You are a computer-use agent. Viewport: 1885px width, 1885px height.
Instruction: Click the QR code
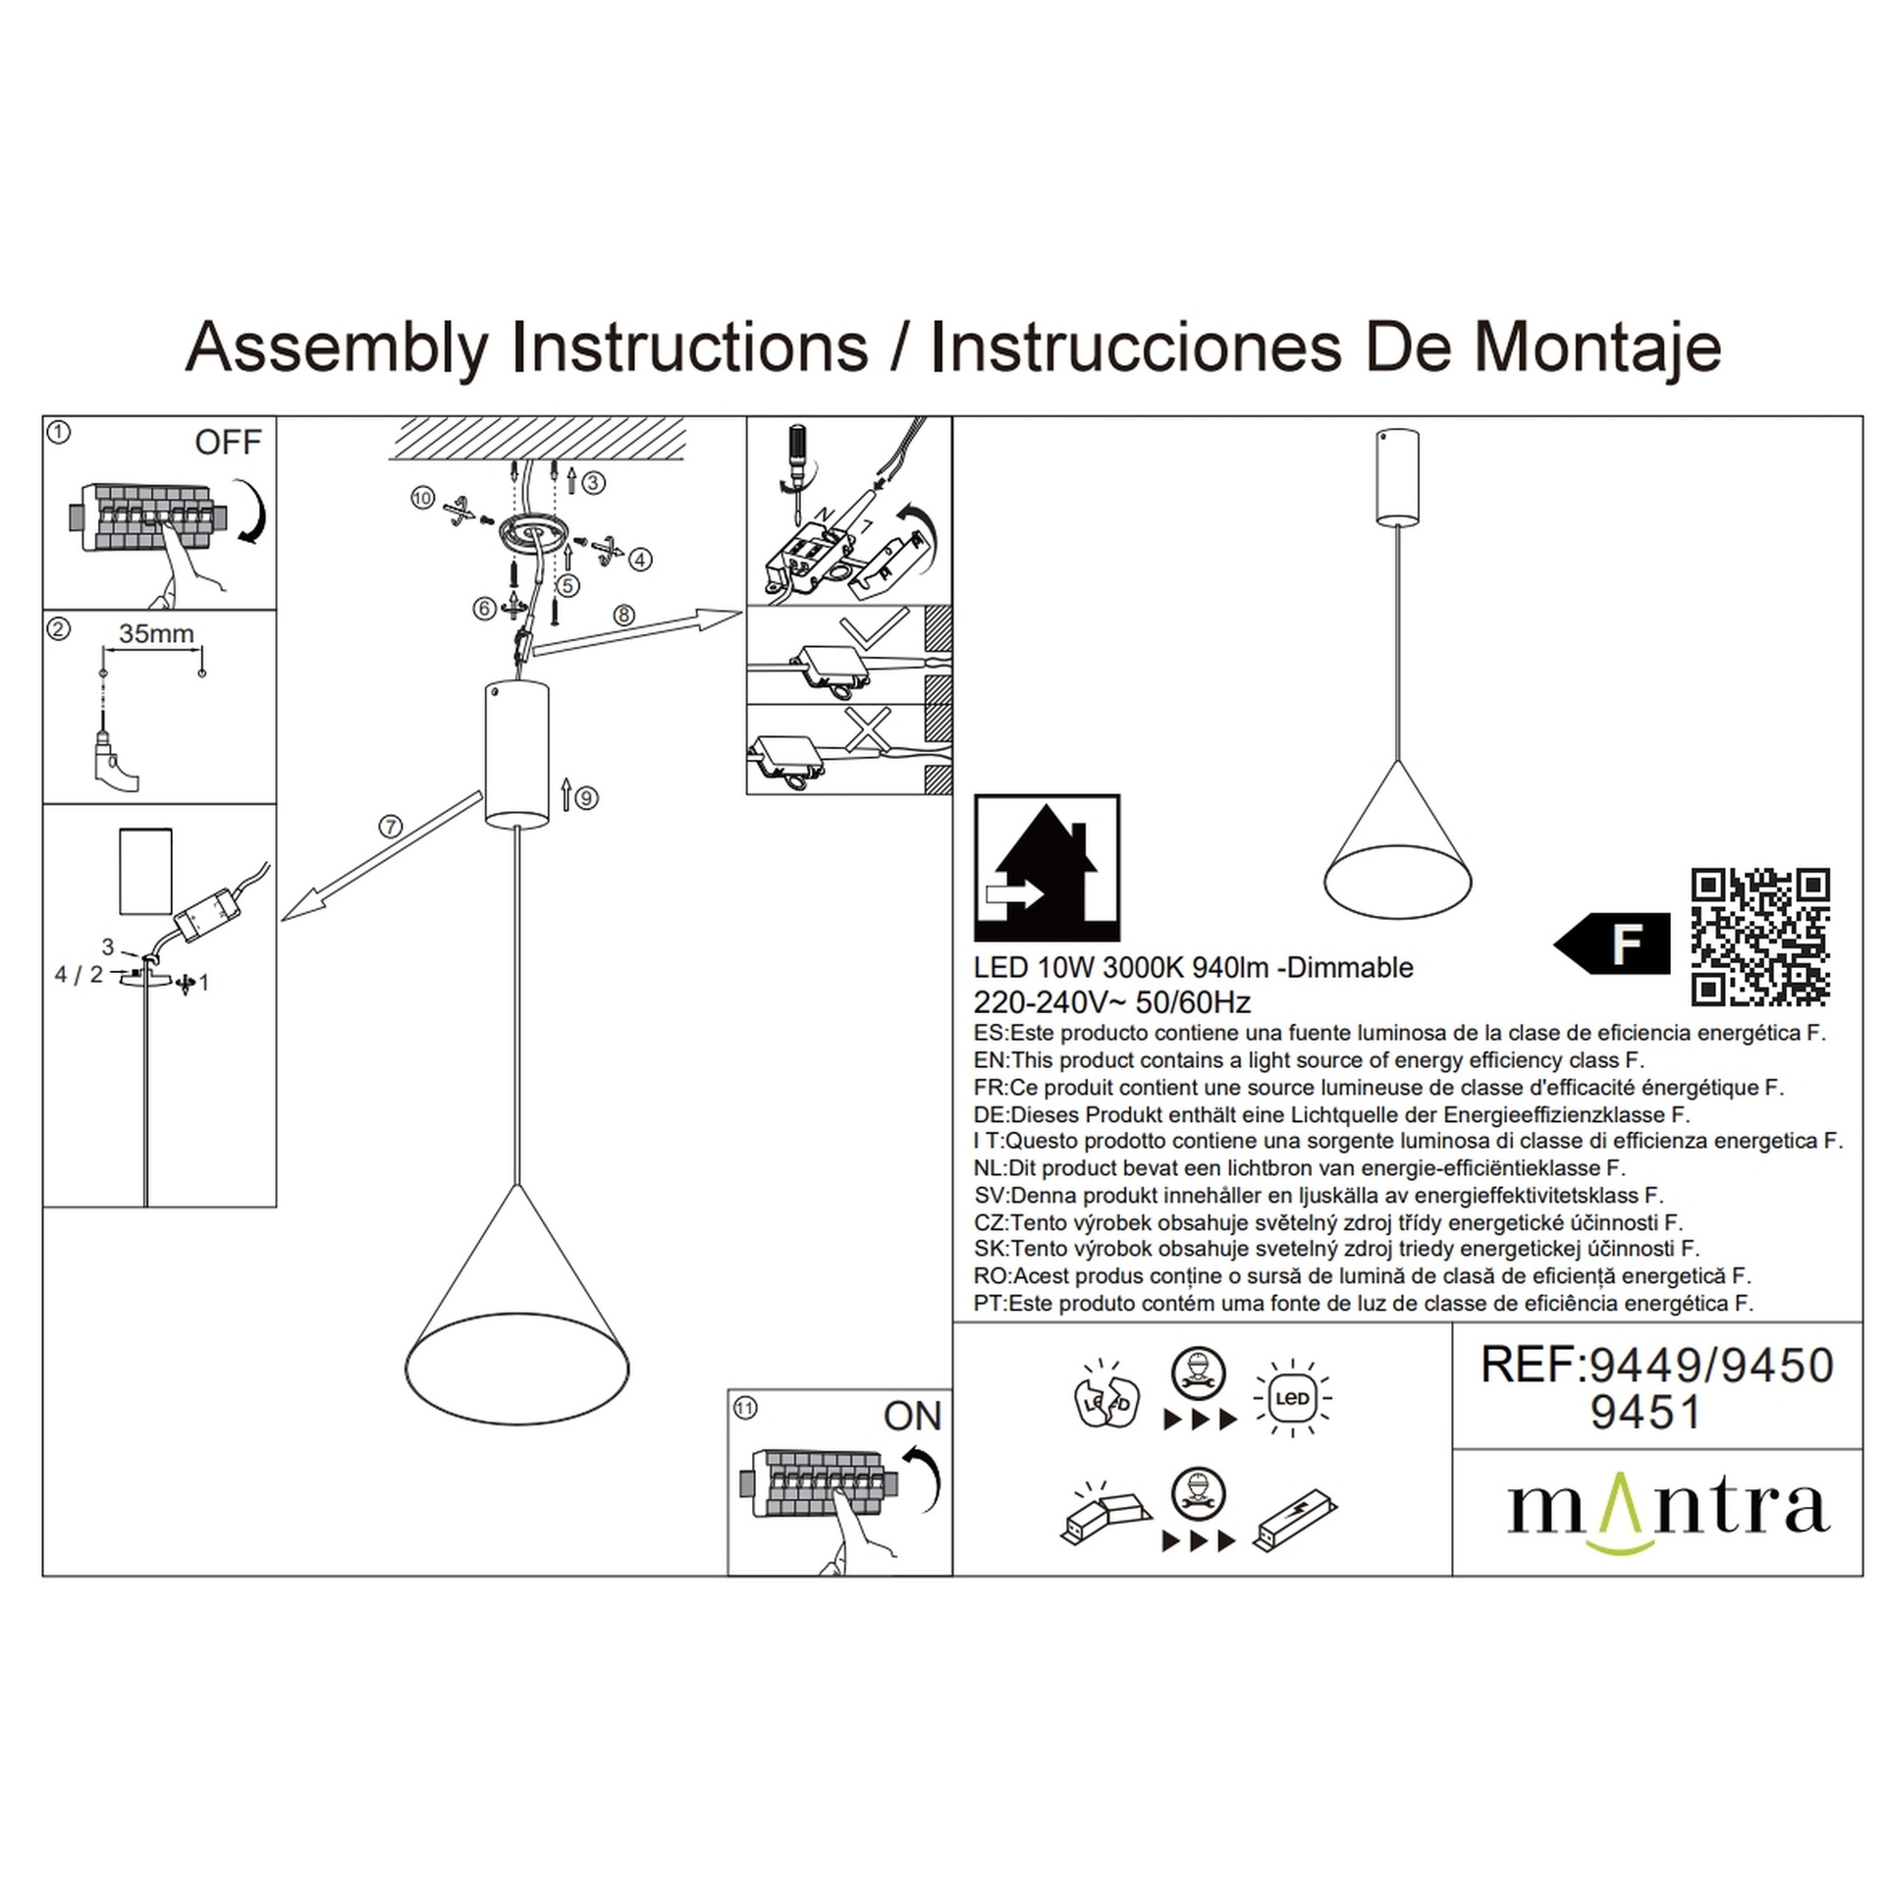click(x=1759, y=937)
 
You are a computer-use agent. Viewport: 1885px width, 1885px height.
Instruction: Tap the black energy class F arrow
click(x=1612, y=943)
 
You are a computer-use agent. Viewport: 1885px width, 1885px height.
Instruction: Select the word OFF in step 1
click(x=228, y=443)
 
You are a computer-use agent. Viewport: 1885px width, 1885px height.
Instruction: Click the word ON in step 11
click(x=912, y=1416)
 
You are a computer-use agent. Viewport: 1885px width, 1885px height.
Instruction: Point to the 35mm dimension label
click(x=156, y=633)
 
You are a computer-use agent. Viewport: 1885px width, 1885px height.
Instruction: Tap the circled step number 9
click(x=586, y=797)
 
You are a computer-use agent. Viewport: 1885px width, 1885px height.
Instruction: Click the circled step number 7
click(x=391, y=827)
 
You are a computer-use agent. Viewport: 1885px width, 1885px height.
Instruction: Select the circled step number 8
click(x=623, y=615)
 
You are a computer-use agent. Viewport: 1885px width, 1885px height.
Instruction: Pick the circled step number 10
click(x=422, y=498)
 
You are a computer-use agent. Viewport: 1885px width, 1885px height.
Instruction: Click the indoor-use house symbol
click(x=1047, y=868)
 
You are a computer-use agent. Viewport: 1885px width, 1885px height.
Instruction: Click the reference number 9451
click(x=1645, y=1412)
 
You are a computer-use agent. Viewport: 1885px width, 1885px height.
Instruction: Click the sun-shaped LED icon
click(x=1292, y=1398)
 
